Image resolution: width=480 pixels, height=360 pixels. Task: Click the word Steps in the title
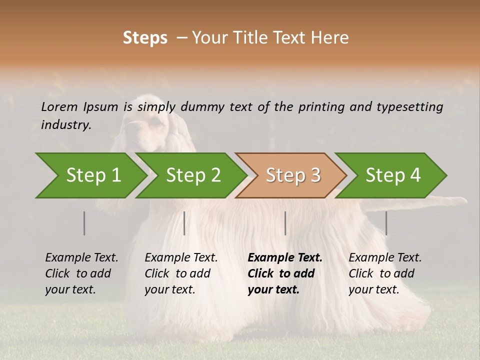coord(145,38)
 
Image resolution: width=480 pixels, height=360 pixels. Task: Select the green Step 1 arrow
coord(93,175)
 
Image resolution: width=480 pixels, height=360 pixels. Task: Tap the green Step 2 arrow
coord(193,175)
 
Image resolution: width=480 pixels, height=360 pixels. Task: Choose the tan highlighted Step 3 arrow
coord(293,175)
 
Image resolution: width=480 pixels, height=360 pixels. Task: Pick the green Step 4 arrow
coord(393,175)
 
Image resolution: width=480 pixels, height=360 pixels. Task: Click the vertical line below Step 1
coord(84,223)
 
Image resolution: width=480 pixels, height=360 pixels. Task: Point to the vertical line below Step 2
coord(184,223)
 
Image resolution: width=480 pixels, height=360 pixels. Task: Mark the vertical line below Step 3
coord(285,223)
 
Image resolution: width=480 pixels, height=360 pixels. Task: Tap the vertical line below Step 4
coord(386,223)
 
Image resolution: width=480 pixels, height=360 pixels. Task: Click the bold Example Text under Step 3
coord(285,258)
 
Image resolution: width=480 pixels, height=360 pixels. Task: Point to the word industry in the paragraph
coord(66,125)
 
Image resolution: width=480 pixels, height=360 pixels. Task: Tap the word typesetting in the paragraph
coord(413,107)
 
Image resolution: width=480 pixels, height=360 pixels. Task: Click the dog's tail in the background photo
coord(440,201)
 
